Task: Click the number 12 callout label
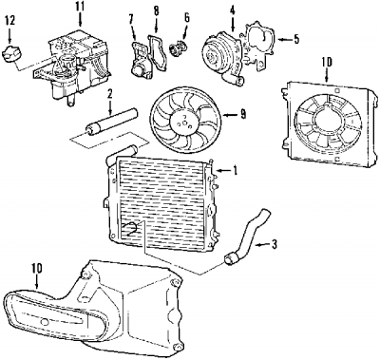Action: click(9, 21)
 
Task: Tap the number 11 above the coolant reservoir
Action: click(80, 7)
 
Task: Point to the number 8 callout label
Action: click(156, 11)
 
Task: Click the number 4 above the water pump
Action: click(233, 10)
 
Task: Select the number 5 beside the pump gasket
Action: click(296, 39)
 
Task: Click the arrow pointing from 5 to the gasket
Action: click(285, 40)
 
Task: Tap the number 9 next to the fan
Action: click(243, 114)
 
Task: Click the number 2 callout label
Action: click(109, 94)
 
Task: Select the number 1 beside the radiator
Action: click(235, 171)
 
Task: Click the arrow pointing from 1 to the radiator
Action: click(223, 171)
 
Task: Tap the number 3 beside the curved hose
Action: click(274, 244)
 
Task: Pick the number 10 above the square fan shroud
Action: click(327, 63)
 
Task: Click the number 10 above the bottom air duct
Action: click(37, 268)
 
